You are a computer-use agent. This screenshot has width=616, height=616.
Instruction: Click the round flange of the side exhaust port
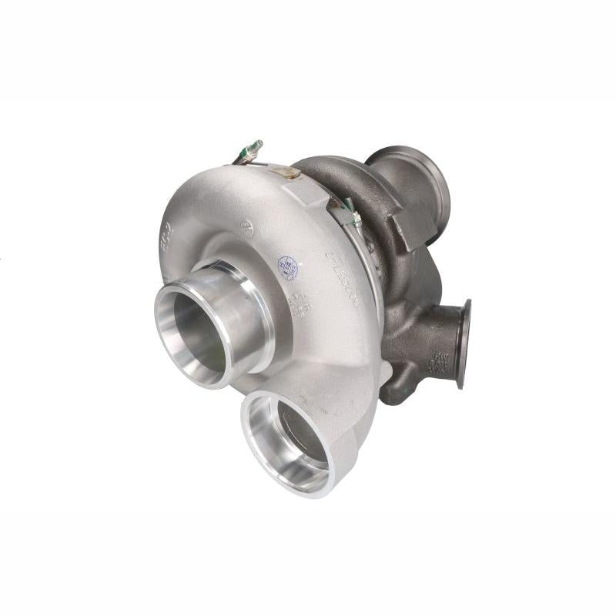464,343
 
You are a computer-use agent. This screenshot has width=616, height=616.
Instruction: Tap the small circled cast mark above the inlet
247,227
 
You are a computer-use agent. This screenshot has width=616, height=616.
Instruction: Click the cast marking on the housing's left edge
166,238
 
